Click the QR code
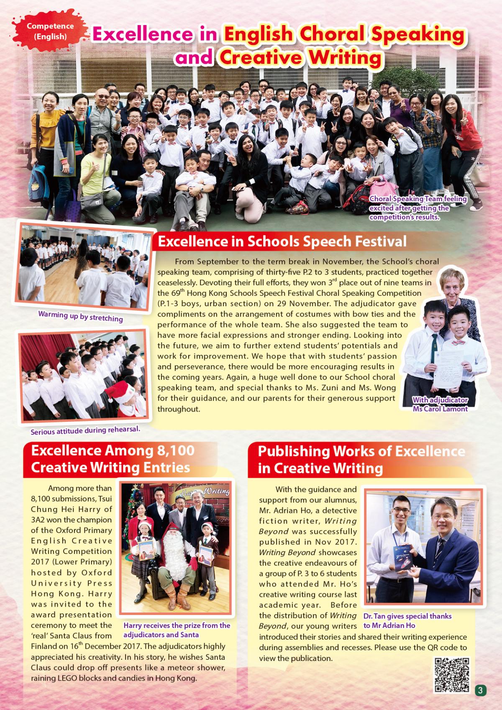(452, 674)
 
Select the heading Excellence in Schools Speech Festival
(282, 241)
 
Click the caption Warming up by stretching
(80, 316)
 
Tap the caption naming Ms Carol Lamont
(440, 405)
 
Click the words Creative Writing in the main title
(300, 57)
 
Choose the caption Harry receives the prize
(177, 630)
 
